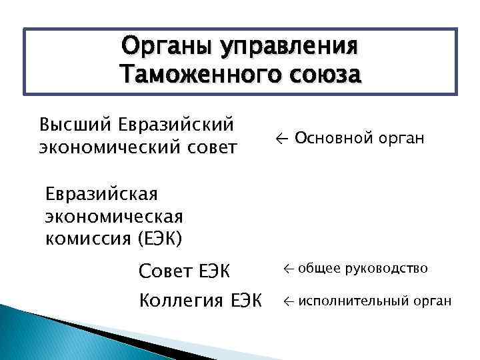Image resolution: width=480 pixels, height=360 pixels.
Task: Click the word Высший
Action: coord(75,125)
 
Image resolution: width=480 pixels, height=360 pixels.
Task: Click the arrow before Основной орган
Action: coord(281,139)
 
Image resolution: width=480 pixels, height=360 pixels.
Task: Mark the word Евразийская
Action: coord(101,195)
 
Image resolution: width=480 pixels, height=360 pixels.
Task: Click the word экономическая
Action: coord(113,217)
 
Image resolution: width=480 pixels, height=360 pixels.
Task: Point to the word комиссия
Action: coord(86,238)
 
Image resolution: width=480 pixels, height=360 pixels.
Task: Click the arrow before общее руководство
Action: coord(288,269)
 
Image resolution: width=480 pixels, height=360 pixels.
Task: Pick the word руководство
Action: coord(387,269)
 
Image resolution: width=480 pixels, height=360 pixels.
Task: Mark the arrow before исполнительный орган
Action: coord(288,301)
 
